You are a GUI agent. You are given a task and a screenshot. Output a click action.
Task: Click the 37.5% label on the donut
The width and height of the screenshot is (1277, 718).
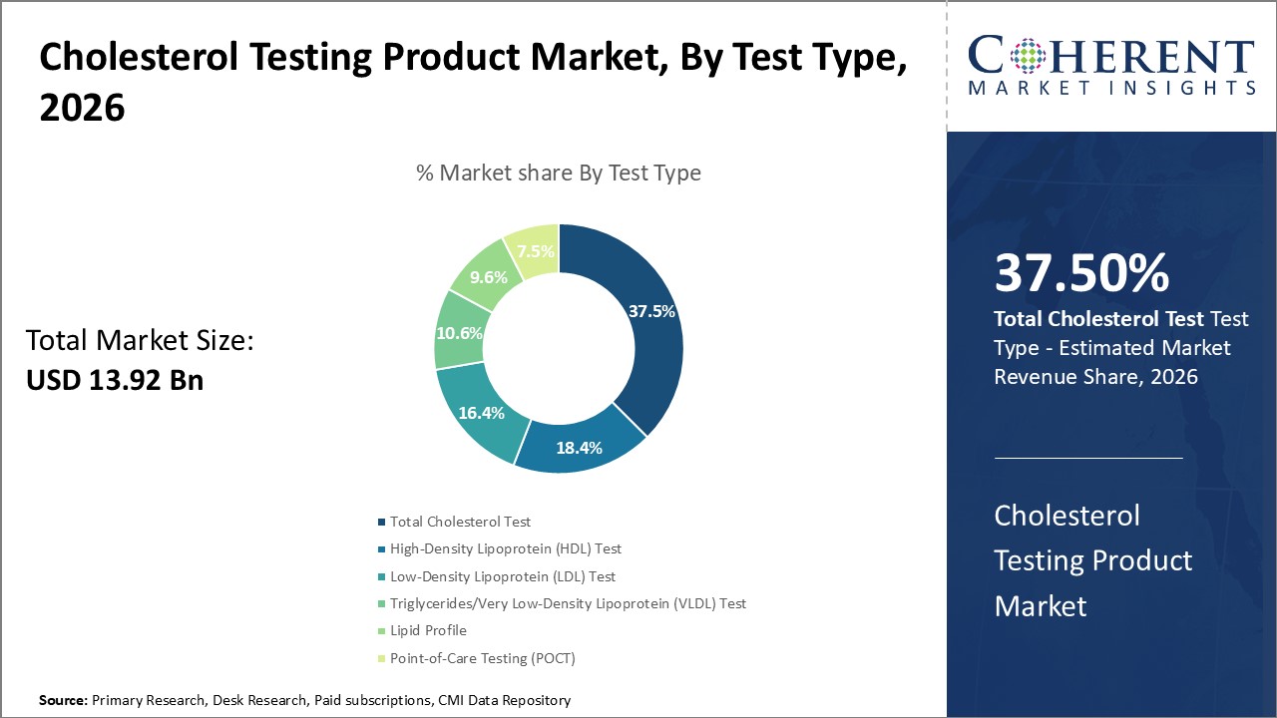pyautogui.click(x=651, y=311)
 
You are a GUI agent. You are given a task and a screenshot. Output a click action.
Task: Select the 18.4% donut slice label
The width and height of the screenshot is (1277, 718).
pyautogui.click(x=578, y=448)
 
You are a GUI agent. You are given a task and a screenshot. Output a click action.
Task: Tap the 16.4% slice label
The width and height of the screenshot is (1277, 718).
pyautogui.click(x=480, y=412)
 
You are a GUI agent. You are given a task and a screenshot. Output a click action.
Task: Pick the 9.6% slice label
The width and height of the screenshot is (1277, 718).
pyautogui.click(x=489, y=277)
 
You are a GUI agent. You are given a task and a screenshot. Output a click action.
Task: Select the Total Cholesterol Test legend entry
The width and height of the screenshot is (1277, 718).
pyautogui.click(x=460, y=522)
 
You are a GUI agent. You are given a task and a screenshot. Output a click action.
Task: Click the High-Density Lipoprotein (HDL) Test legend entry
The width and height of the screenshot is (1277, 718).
pyautogui.click(x=505, y=548)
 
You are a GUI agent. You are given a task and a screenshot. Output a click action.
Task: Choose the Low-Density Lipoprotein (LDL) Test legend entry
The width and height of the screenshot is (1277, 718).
pyautogui.click(x=502, y=576)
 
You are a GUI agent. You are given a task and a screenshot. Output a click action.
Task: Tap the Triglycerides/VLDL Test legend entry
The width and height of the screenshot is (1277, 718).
pyautogui.click(x=567, y=603)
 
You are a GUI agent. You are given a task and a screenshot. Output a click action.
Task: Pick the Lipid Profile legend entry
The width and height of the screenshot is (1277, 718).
pyautogui.click(x=428, y=630)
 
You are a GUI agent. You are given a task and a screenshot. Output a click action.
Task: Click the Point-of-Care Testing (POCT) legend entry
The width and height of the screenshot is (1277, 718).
pyautogui.click(x=482, y=658)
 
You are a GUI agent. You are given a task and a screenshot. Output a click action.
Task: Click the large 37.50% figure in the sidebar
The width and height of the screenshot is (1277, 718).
pyautogui.click(x=1081, y=273)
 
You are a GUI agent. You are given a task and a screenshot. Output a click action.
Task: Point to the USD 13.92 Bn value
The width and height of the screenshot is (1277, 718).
pyautogui.click(x=115, y=380)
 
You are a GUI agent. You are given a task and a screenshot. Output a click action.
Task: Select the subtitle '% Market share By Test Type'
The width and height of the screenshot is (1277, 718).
pyautogui.click(x=558, y=173)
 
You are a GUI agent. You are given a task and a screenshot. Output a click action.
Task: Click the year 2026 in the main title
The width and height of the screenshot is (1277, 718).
pyautogui.click(x=82, y=108)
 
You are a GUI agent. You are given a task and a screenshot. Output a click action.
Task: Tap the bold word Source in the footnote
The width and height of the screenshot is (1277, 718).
pyautogui.click(x=63, y=701)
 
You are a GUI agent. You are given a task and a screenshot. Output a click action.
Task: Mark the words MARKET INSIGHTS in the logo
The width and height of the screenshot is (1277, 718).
pyautogui.click(x=1109, y=89)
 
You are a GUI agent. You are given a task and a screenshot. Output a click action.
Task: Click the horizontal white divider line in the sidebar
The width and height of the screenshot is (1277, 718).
pyautogui.click(x=1088, y=458)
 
